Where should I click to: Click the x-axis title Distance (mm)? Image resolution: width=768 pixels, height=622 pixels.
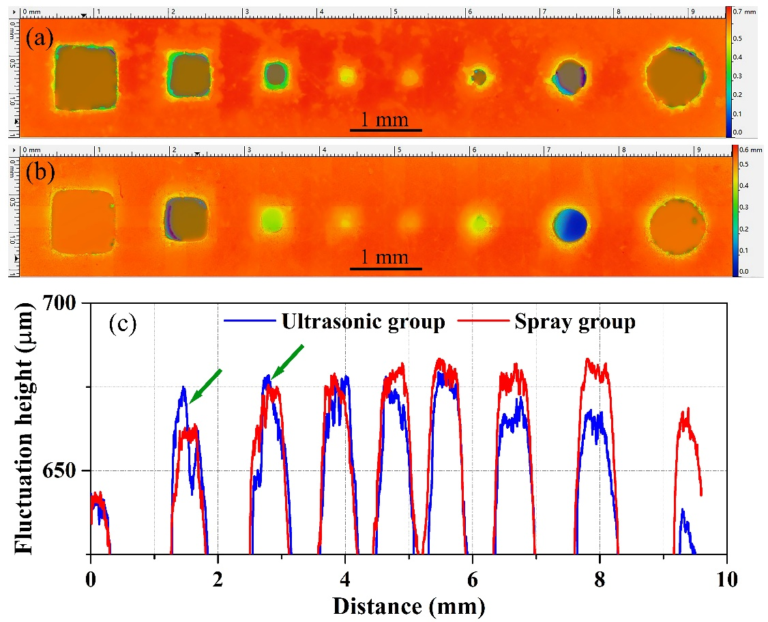tap(409, 604)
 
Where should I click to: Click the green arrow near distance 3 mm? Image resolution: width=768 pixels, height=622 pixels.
tap(287, 361)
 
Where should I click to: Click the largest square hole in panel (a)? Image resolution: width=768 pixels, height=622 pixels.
tap(85, 78)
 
